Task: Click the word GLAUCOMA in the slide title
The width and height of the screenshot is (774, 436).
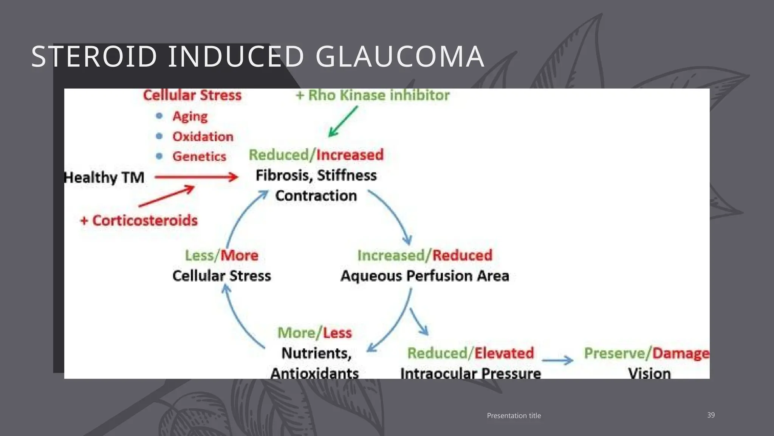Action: [x=399, y=57]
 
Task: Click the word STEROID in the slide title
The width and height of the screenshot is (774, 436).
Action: [x=94, y=57]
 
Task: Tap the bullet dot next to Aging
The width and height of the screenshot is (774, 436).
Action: [x=159, y=116]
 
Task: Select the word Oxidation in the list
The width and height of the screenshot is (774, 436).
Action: [x=203, y=137]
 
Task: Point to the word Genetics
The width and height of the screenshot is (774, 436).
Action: [x=199, y=156]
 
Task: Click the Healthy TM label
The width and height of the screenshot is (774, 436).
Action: [x=104, y=178]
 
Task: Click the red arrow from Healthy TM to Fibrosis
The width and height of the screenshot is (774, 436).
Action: [x=197, y=177]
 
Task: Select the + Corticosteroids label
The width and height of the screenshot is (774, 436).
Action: [x=139, y=220]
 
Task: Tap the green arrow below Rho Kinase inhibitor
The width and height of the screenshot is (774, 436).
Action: [x=342, y=121]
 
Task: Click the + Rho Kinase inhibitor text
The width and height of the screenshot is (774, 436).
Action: [x=373, y=95]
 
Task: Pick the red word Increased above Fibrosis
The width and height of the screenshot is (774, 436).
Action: [x=350, y=155]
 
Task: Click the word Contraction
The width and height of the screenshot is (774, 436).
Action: [x=316, y=196]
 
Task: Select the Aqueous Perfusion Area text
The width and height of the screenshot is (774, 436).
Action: [x=425, y=276]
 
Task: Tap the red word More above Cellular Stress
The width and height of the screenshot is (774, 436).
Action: [x=240, y=255]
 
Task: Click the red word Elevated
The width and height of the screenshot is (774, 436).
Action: [x=504, y=353]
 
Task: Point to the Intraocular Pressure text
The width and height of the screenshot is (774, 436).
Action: [x=471, y=374]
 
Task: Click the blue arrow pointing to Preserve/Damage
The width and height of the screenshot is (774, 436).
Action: [x=558, y=360]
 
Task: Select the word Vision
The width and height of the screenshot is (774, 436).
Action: [x=649, y=374]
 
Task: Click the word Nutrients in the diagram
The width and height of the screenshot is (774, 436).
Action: [x=316, y=353]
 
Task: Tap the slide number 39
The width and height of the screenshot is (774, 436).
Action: [x=711, y=415]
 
